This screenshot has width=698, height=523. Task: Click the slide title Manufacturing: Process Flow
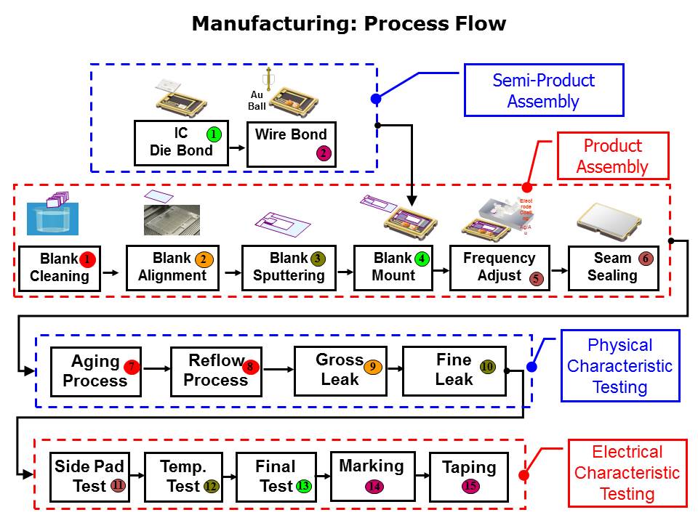pos(348,23)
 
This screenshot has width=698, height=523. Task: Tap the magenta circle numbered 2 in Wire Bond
pos(324,153)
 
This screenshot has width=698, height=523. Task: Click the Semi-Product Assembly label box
pos(544,91)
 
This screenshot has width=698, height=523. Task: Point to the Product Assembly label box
pos(612,156)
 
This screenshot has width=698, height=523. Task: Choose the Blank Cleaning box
pos(60,268)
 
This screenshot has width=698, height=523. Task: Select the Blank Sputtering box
pos(288,268)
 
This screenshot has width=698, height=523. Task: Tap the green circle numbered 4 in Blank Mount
pos(422,259)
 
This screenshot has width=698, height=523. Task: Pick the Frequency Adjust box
pos(499,268)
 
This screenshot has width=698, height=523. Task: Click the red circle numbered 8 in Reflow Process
pos(250,367)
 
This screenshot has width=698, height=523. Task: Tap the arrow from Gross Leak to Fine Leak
pos(394,369)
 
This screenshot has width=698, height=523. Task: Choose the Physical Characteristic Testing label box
pos(620,366)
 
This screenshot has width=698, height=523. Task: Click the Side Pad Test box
pos(89,477)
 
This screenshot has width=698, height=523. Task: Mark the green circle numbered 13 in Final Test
pos(303,486)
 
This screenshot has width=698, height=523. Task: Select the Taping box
pos(469,477)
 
